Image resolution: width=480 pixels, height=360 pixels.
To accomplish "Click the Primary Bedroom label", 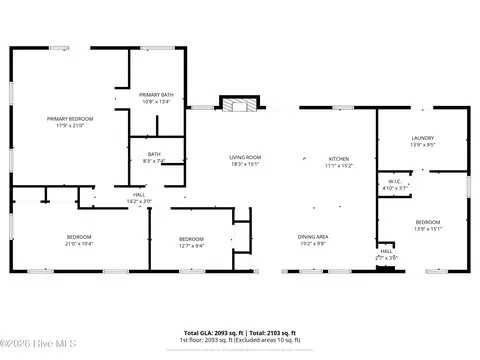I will coord(70,119).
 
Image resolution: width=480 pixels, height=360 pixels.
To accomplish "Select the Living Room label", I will coord(245,158).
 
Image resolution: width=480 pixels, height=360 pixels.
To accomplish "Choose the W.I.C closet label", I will coord(396,182).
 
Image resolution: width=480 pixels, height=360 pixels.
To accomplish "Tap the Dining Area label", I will coord(314,236).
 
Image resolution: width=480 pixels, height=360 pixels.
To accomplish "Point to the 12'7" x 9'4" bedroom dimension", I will coord(191,243).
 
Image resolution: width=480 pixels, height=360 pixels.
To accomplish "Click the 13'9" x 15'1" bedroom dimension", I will coord(428,227).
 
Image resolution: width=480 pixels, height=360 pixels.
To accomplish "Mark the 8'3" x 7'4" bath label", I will coord(154,160).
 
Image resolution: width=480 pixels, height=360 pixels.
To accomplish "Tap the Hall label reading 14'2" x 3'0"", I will coord(140,201).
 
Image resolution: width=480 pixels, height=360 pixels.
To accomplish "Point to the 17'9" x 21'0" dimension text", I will coord(70,125).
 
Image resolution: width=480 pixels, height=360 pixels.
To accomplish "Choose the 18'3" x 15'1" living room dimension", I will coord(245,164).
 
